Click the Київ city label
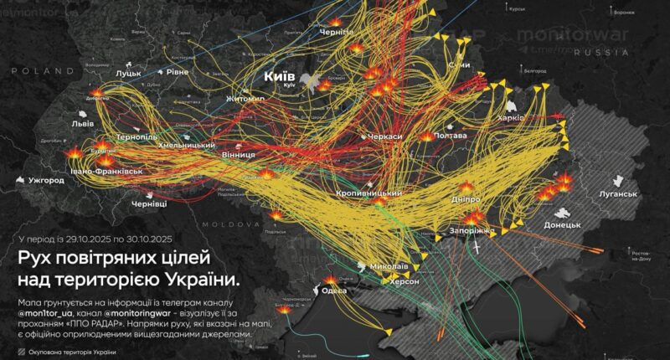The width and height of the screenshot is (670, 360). [277, 76]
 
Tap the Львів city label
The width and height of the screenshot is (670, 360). [83, 123]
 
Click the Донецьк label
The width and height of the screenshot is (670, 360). [562, 224]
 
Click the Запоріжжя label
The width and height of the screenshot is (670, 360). [477, 229]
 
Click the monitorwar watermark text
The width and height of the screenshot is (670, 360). [569, 36]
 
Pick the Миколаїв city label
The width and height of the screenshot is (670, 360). [389, 267]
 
